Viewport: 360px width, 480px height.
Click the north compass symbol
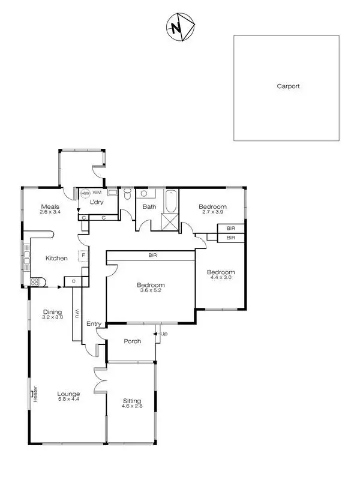coord(178,28)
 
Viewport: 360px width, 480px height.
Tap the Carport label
coord(288,86)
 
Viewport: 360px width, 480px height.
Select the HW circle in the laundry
coord(85,194)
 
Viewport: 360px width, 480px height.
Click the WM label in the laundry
coord(97,193)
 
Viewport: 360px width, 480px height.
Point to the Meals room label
coord(50,206)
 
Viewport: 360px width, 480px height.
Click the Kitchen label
coord(56,258)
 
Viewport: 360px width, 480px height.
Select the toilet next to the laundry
coord(126,196)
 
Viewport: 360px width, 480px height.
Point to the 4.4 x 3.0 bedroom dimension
coord(221,277)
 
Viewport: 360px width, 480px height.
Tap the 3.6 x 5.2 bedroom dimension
coord(151,291)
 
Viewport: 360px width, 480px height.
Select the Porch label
coord(132,341)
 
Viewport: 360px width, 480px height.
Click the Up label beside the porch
coord(164,334)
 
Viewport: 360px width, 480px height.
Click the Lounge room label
coord(69,394)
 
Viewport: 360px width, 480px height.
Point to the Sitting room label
coord(132,401)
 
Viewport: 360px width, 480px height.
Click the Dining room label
coord(52,311)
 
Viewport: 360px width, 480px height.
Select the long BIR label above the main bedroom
coord(154,256)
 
